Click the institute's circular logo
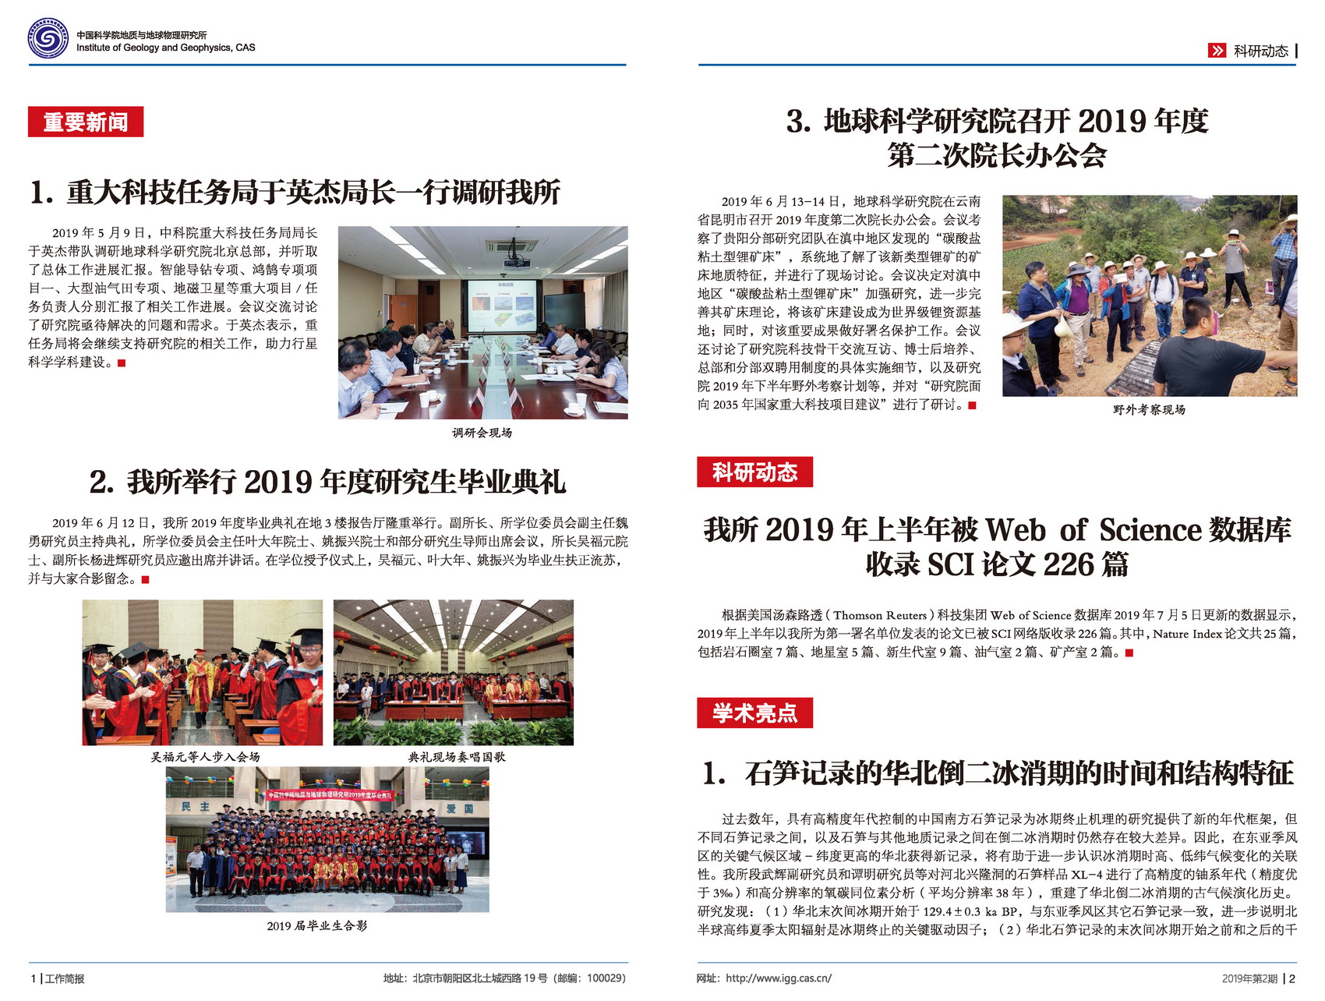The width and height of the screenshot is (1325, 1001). tap(48, 38)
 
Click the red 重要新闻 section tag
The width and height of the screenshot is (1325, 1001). tap(86, 122)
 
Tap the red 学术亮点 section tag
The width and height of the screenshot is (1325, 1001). tap(754, 713)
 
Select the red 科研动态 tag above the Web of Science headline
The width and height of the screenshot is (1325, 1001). tap(754, 472)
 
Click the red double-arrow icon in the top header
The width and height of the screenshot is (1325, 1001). tap(1217, 51)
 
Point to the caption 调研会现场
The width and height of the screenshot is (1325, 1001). tap(482, 433)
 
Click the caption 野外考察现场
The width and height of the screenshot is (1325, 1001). tap(1149, 409)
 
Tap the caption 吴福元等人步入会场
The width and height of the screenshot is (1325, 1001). tap(205, 756)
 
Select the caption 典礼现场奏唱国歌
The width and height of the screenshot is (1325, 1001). tap(456, 756)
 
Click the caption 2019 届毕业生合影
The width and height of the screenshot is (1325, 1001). tap(316, 925)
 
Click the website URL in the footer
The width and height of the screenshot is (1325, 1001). tap(778, 978)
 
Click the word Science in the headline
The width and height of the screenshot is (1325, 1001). tap(1150, 530)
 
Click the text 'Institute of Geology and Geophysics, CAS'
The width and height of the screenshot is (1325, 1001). tap(165, 48)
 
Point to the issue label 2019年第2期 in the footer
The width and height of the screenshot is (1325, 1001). tap(1249, 978)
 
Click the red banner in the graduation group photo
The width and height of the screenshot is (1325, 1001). tap(330, 795)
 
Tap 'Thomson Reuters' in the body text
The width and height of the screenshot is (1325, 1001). tap(880, 615)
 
